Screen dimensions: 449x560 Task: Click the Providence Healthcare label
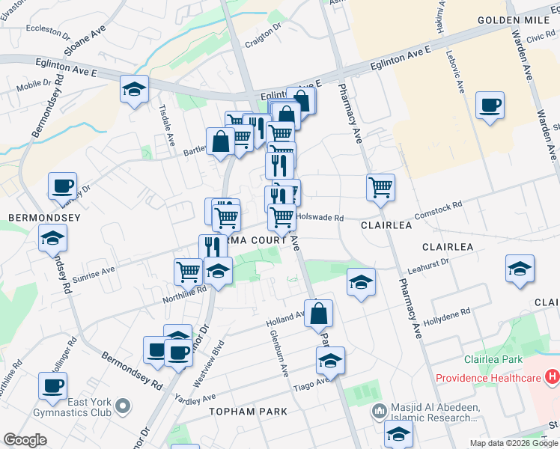pyautogui.click(x=486, y=377)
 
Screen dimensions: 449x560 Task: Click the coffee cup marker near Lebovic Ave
pyautogui.click(x=490, y=106)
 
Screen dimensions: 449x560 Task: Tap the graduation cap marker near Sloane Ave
pyautogui.click(x=134, y=90)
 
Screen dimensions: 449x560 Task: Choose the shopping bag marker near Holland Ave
pyautogui.click(x=319, y=314)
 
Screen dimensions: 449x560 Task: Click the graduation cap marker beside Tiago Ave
pyautogui.click(x=330, y=361)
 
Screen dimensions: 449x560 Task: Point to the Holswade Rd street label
pyautogui.click(x=320, y=219)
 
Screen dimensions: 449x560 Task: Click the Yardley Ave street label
pyautogui.click(x=195, y=398)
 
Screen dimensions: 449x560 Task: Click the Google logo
pyautogui.click(x=25, y=440)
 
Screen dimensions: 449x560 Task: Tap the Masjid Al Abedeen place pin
pyautogui.click(x=380, y=411)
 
